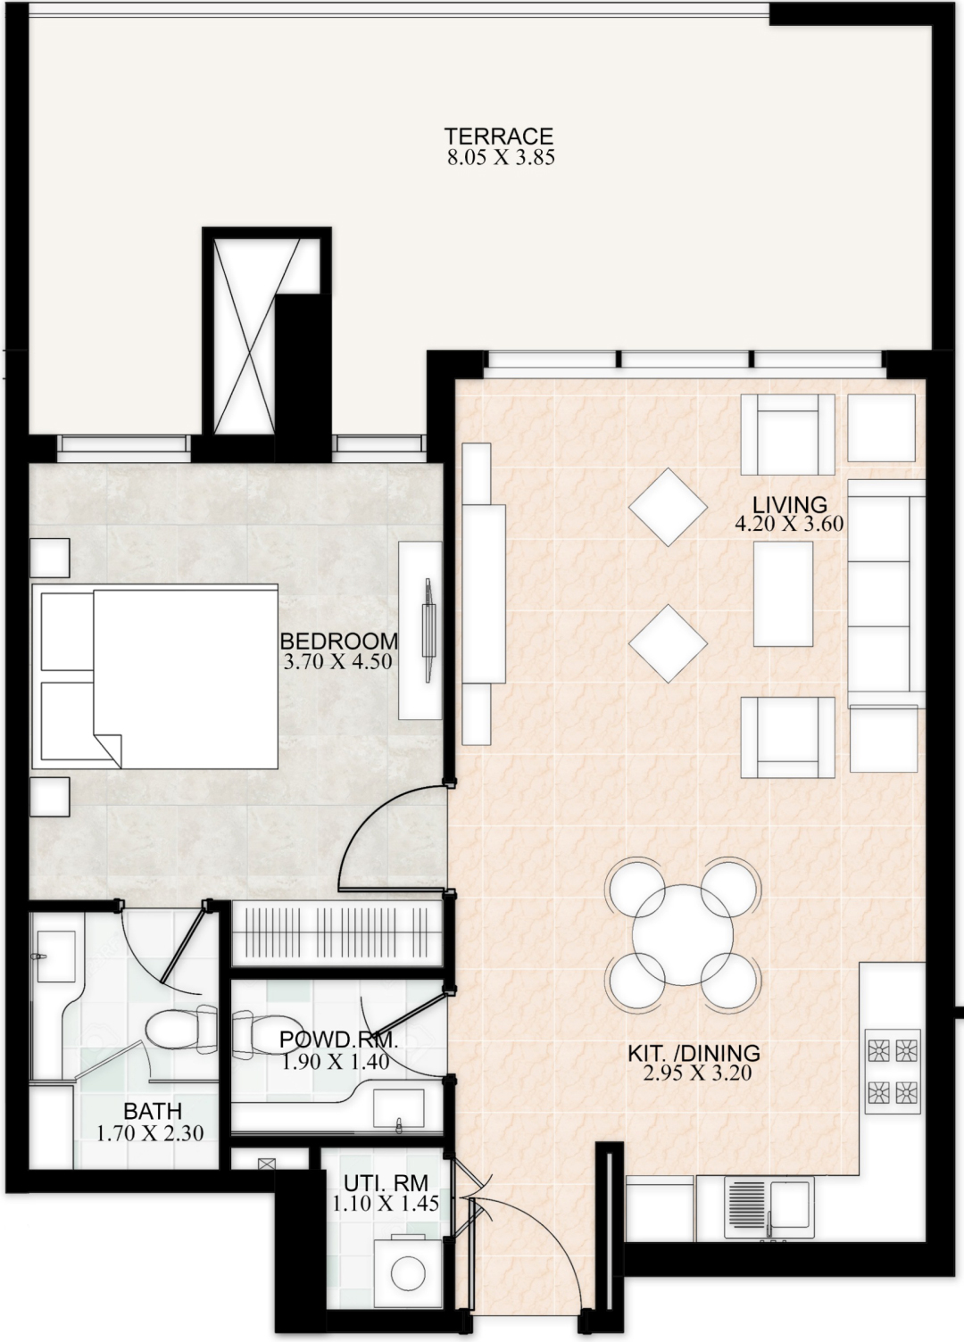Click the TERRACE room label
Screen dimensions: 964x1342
498,136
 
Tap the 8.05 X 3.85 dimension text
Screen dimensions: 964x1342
501,158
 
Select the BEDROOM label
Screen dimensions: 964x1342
339,641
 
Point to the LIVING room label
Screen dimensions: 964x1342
790,504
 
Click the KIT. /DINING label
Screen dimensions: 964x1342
694,1052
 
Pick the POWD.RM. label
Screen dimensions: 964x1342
338,1040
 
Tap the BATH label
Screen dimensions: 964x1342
153,1111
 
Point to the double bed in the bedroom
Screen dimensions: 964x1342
154,676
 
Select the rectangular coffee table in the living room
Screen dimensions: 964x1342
783,594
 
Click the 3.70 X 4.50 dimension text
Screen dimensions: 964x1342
337,661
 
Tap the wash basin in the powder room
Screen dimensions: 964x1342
398,1108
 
